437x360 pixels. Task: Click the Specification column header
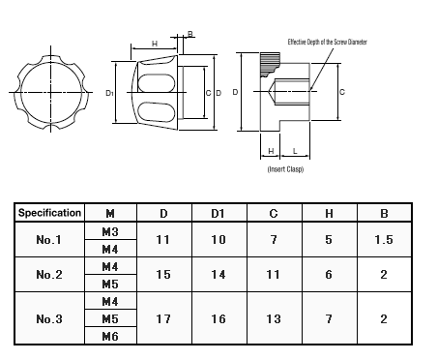point(49,213)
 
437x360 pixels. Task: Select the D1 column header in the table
point(218,214)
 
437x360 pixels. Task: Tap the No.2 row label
point(49,275)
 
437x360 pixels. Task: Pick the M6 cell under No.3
point(110,337)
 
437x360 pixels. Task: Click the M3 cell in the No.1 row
point(110,231)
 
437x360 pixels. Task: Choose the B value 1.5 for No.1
point(384,240)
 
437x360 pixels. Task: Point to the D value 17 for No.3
point(163,319)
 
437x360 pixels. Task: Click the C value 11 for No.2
point(273,275)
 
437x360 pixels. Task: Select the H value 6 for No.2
point(329,275)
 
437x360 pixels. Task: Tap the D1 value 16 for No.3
point(218,319)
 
